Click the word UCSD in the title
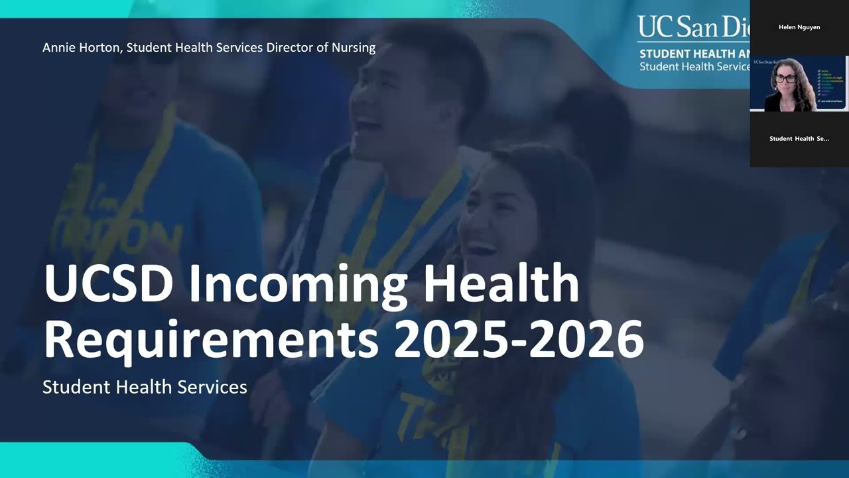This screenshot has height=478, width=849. (109, 283)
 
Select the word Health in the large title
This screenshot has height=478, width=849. (501, 283)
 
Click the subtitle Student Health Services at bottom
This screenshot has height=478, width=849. (145, 386)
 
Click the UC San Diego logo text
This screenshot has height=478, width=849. (693, 28)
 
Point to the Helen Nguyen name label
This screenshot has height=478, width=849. (799, 28)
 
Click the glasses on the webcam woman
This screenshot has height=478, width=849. (785, 78)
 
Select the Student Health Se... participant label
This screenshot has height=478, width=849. (799, 139)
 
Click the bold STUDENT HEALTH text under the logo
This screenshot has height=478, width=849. (693, 54)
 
